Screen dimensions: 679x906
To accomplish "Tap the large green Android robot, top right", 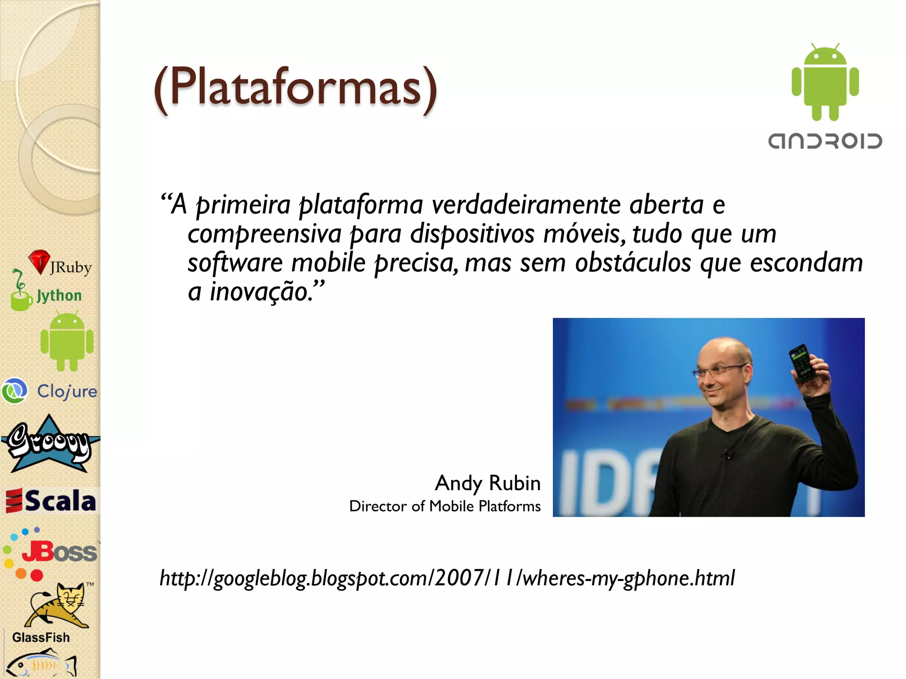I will coord(825,83).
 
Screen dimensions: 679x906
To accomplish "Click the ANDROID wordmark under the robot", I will coord(825,141).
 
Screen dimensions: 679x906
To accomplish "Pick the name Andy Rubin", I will coord(488,483).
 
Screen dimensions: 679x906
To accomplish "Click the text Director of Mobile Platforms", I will coord(445,506).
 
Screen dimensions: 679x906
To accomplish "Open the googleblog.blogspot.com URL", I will coord(447,578).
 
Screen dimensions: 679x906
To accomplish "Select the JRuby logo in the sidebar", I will coord(60,264).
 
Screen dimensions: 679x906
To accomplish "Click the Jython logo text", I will coord(59,295).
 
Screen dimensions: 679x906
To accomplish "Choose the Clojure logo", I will coord(50,391).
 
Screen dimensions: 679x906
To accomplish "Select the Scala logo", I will coord(50,501).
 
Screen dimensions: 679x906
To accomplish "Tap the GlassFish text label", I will coord(41,637).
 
